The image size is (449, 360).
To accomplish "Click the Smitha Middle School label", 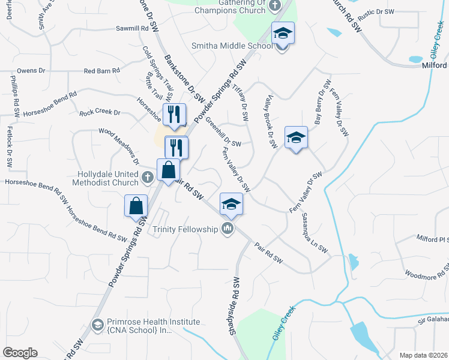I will (232, 46).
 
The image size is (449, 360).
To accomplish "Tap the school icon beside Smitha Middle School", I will (282, 34).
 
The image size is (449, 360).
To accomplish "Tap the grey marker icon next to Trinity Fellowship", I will (228, 228).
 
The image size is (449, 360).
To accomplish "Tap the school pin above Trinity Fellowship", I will (231, 204).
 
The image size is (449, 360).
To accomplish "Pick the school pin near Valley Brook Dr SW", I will (295, 138).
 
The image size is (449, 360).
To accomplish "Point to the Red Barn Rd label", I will (101, 71).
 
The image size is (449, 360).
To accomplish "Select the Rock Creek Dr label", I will (100, 112).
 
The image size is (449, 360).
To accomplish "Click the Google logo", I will (20, 353).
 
